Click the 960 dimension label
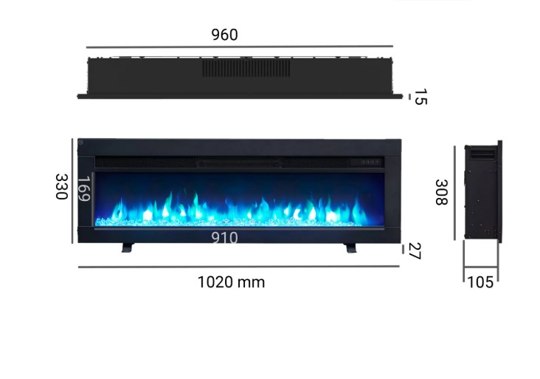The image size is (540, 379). [224, 35]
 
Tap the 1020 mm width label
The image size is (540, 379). [231, 282]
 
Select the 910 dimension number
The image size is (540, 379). [224, 238]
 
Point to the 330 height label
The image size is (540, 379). [62, 187]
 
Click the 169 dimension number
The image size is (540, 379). [83, 188]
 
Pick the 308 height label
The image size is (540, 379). [441, 192]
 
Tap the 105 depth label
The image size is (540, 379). [480, 282]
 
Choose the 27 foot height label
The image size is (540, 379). [415, 250]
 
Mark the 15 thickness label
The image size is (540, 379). [420, 97]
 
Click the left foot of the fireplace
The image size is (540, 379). [128, 247]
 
